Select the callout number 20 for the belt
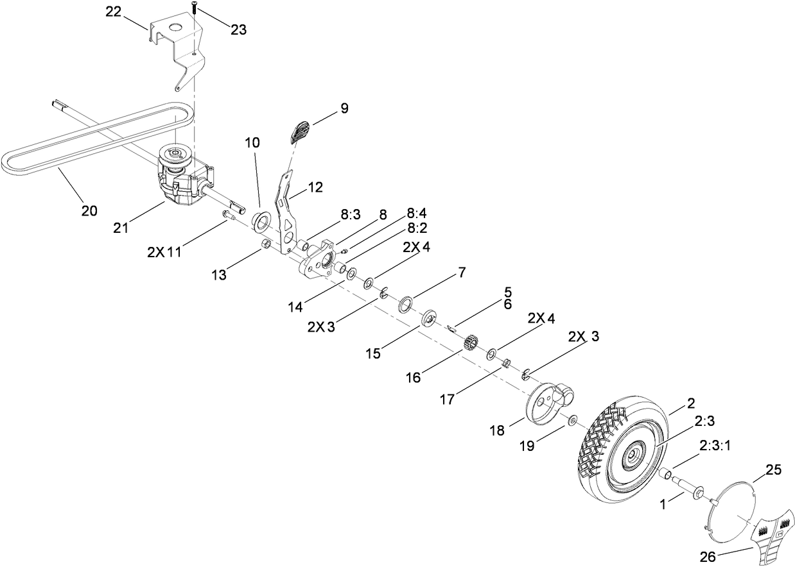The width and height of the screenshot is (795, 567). (89, 210)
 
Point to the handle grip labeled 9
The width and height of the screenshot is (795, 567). (301, 131)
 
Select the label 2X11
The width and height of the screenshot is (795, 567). (164, 252)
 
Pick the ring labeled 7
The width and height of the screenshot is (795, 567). (405, 303)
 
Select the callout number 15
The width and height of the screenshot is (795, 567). (373, 353)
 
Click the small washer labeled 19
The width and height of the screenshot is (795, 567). (571, 421)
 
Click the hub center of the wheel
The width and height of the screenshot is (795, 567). (633, 453)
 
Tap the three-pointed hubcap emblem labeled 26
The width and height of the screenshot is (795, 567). (771, 536)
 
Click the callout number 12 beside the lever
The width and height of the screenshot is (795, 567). (315, 187)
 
